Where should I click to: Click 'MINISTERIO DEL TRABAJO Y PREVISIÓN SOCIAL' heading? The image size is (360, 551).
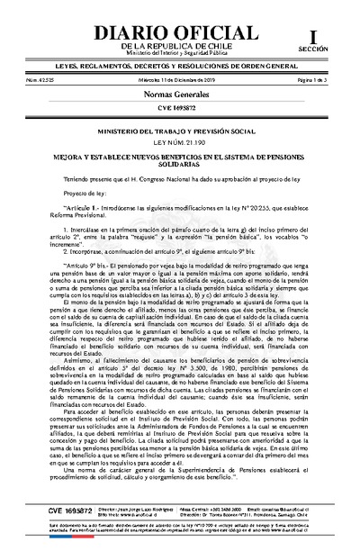click(179, 131)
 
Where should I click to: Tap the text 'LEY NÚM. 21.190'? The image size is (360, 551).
click(179, 142)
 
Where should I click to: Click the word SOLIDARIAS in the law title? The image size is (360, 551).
click(179, 163)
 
